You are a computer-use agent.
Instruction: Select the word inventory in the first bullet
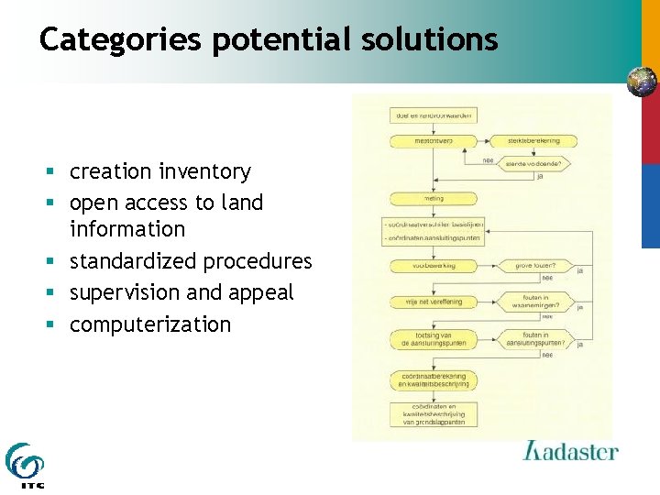[204, 171]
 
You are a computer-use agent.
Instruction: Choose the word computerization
[150, 324]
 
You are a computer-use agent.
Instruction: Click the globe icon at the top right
[642, 82]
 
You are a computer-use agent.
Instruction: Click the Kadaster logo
[569, 452]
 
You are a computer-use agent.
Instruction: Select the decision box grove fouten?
[534, 266]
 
